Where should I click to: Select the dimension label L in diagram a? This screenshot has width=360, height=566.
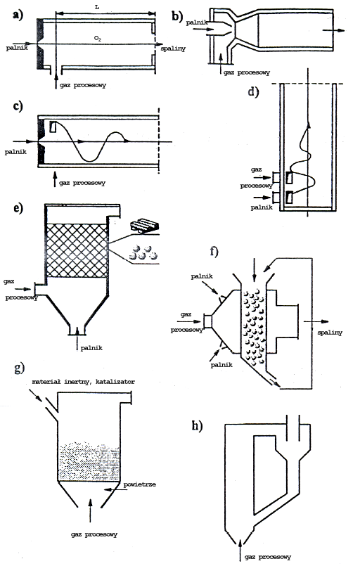coord(97,6)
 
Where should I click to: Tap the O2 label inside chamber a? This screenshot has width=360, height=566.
coord(97,38)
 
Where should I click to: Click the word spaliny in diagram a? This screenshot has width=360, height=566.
coord(173,48)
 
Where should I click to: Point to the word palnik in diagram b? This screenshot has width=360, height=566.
coord(197,22)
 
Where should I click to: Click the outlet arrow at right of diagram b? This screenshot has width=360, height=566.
coord(334,30)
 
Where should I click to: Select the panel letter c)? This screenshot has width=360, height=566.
coord(18,106)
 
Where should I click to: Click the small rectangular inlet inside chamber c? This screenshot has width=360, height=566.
coord(53,127)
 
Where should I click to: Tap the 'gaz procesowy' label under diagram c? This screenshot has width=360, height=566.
coord(82,183)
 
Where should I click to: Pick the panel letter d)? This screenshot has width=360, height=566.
coord(254,91)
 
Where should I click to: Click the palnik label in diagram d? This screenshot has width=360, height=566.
coord(262,207)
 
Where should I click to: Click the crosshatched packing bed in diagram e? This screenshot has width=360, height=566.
coord(77,250)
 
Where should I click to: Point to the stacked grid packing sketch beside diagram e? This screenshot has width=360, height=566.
coord(145,225)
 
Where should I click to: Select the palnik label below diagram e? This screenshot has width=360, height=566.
coord(91,348)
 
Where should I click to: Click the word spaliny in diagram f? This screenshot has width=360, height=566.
coord(330,333)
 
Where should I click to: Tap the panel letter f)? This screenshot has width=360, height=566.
coord(214,251)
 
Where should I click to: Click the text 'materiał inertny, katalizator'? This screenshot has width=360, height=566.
coord(84,382)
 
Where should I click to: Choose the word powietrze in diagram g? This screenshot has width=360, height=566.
coord(140,484)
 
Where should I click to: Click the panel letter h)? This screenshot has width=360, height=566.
coord(197,426)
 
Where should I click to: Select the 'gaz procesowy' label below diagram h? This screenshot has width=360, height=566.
coord(268,557)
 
